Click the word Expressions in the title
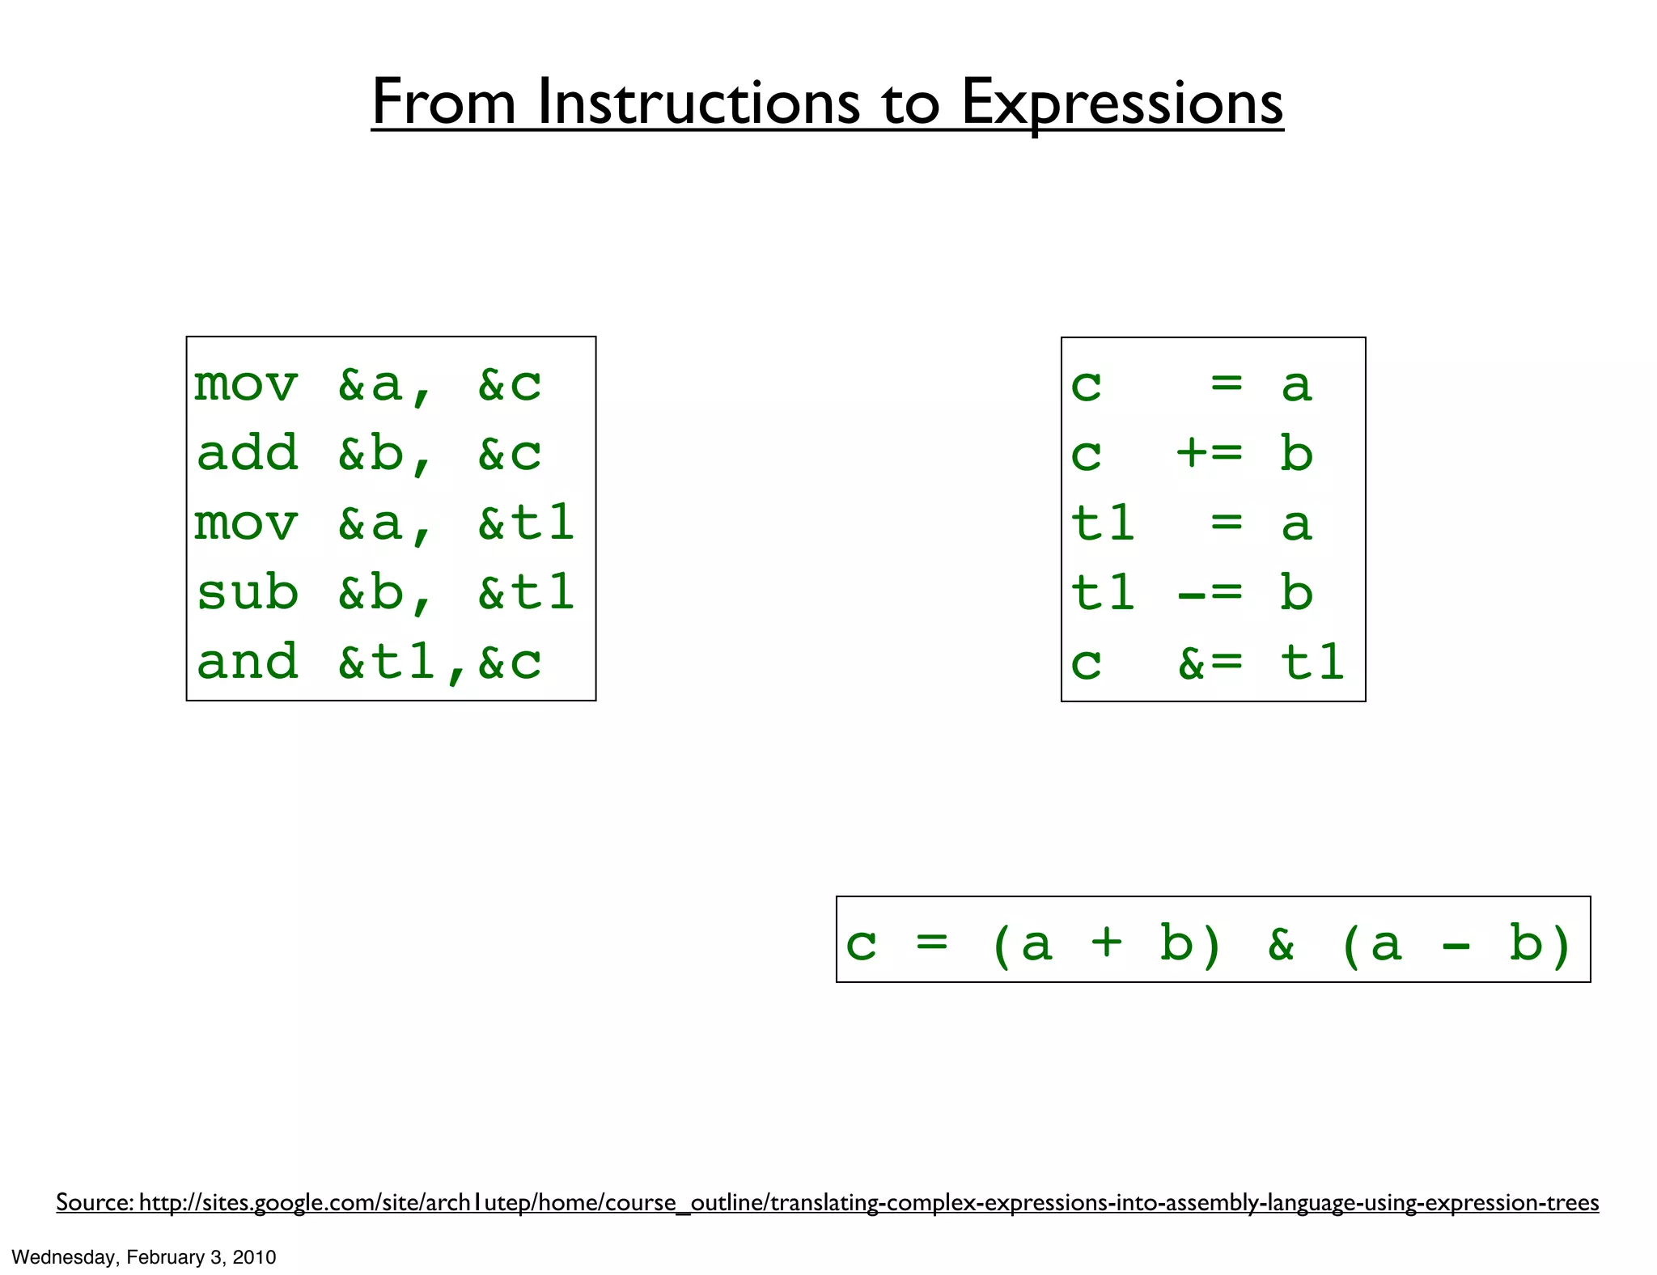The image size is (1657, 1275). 1121,103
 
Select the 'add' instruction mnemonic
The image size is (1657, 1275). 248,453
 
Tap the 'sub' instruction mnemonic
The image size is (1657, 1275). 248,592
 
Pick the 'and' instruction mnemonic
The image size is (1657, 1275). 248,662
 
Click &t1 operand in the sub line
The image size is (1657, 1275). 526,592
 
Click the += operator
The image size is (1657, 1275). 1209,453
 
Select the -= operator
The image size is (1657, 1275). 1209,593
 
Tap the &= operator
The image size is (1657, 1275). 1209,663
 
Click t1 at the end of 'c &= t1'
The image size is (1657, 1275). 1312,663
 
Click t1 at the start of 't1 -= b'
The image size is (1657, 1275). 1102,593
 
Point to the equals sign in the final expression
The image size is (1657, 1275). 931,943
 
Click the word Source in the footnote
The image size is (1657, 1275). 92,1202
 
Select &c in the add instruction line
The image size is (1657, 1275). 510,453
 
